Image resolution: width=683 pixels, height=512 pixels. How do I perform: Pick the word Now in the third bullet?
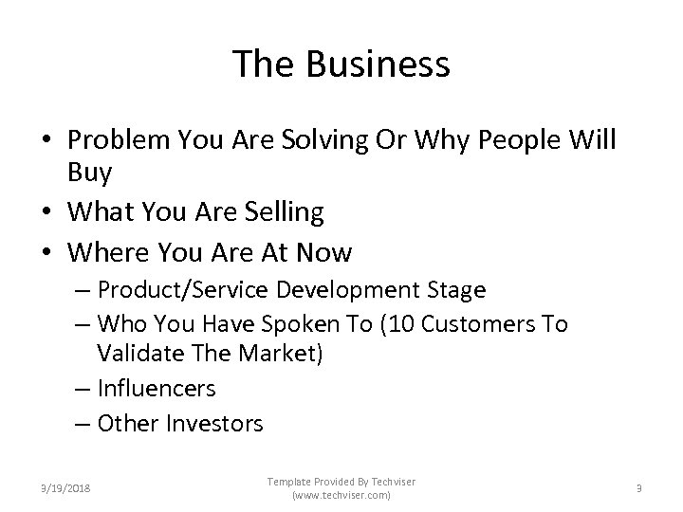click(324, 254)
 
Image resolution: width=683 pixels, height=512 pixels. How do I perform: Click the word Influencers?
click(157, 388)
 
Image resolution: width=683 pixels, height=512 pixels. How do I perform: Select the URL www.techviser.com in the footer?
click(341, 496)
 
